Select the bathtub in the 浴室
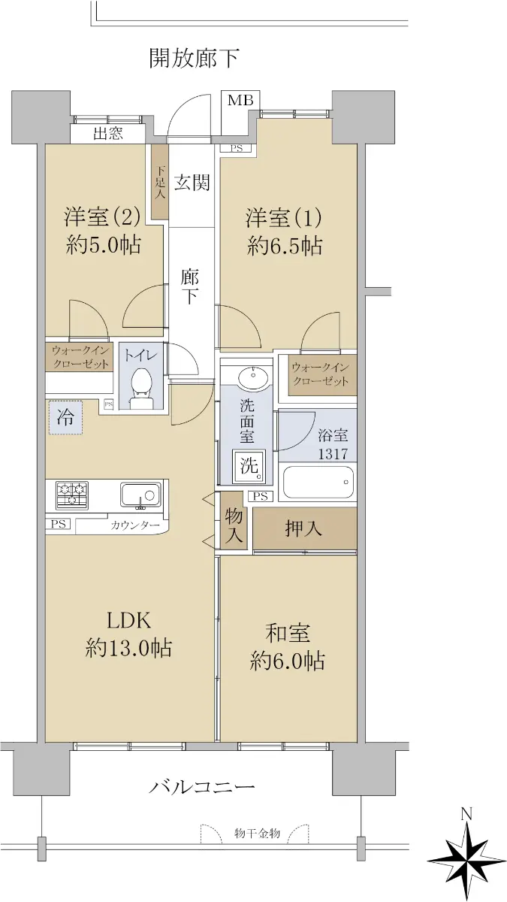click(318, 482)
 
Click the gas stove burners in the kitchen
click(72, 495)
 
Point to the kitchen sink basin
click(140, 495)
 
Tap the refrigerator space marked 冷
click(65, 417)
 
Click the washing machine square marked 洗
click(249, 466)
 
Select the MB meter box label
click(240, 100)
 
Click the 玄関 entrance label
click(192, 183)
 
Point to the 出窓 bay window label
click(108, 133)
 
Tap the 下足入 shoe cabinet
click(160, 182)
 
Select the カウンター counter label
click(134, 525)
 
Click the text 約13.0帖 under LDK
click(128, 648)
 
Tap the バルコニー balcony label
click(202, 786)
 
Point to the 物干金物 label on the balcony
click(257, 833)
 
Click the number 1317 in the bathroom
click(333, 454)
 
